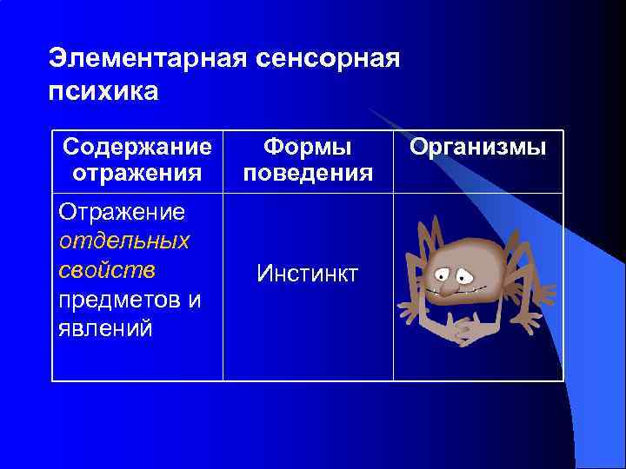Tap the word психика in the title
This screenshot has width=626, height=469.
coord(104,91)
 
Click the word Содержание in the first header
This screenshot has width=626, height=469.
coord(137,146)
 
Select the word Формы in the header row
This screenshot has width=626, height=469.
coord(308,146)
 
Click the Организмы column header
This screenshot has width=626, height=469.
coord(478,147)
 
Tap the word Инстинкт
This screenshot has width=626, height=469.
coord(308,274)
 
